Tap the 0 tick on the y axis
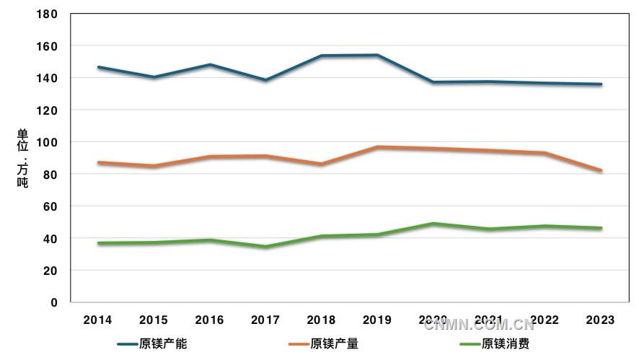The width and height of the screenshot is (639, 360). coord(54,303)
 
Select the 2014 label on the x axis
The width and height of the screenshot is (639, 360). coord(97,320)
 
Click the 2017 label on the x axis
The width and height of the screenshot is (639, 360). coord(265,320)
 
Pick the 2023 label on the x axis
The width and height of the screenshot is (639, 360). coord(601,320)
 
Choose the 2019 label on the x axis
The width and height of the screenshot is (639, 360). coord(377,320)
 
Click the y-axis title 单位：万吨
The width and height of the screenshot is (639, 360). coord(23,159)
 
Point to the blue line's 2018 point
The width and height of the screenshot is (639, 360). coord(322,56)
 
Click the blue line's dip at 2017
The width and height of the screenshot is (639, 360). coord(265,80)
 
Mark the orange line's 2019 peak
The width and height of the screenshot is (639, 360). coord(377,147)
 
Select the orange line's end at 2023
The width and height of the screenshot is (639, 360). coord(601,170)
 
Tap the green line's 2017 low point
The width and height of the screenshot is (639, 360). coord(265,247)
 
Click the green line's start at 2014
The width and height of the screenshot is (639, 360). coord(98,243)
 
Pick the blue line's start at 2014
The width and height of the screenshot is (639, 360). coord(98,67)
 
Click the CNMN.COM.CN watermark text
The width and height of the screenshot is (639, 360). coord(479,324)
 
